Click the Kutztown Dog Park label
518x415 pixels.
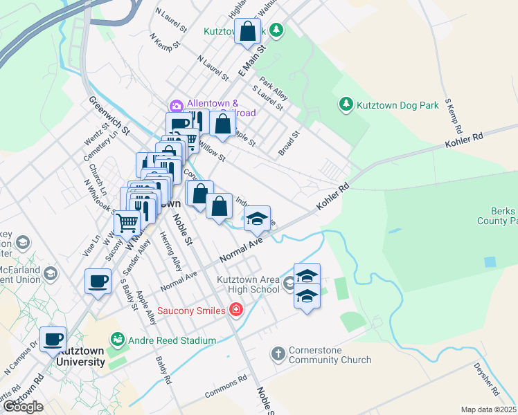click(x=398, y=106)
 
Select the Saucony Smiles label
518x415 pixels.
click(x=193, y=310)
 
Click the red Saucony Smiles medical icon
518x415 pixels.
click(x=236, y=309)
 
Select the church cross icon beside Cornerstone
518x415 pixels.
click(x=278, y=354)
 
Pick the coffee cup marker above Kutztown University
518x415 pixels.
click(x=53, y=339)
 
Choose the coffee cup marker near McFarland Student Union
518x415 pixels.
click(x=98, y=282)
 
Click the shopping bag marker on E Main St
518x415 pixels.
click(x=248, y=30)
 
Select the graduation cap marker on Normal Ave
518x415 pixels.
click(x=257, y=219)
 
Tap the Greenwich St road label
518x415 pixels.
click(x=109, y=116)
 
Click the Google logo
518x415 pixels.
click(x=24, y=407)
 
